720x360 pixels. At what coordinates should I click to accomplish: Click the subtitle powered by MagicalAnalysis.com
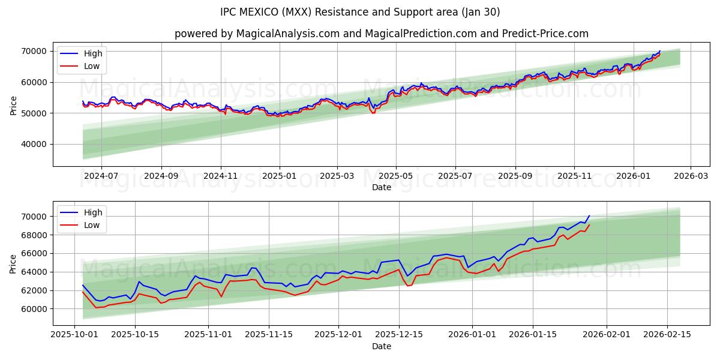381,34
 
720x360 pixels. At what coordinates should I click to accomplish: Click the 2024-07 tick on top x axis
101,176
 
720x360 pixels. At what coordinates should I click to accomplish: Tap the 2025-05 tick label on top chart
395,176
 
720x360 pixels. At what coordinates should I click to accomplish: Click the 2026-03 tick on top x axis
690,176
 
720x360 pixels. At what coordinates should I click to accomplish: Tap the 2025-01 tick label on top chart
280,176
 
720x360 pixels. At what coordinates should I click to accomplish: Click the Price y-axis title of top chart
13,106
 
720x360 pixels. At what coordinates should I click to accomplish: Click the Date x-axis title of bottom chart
381,346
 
